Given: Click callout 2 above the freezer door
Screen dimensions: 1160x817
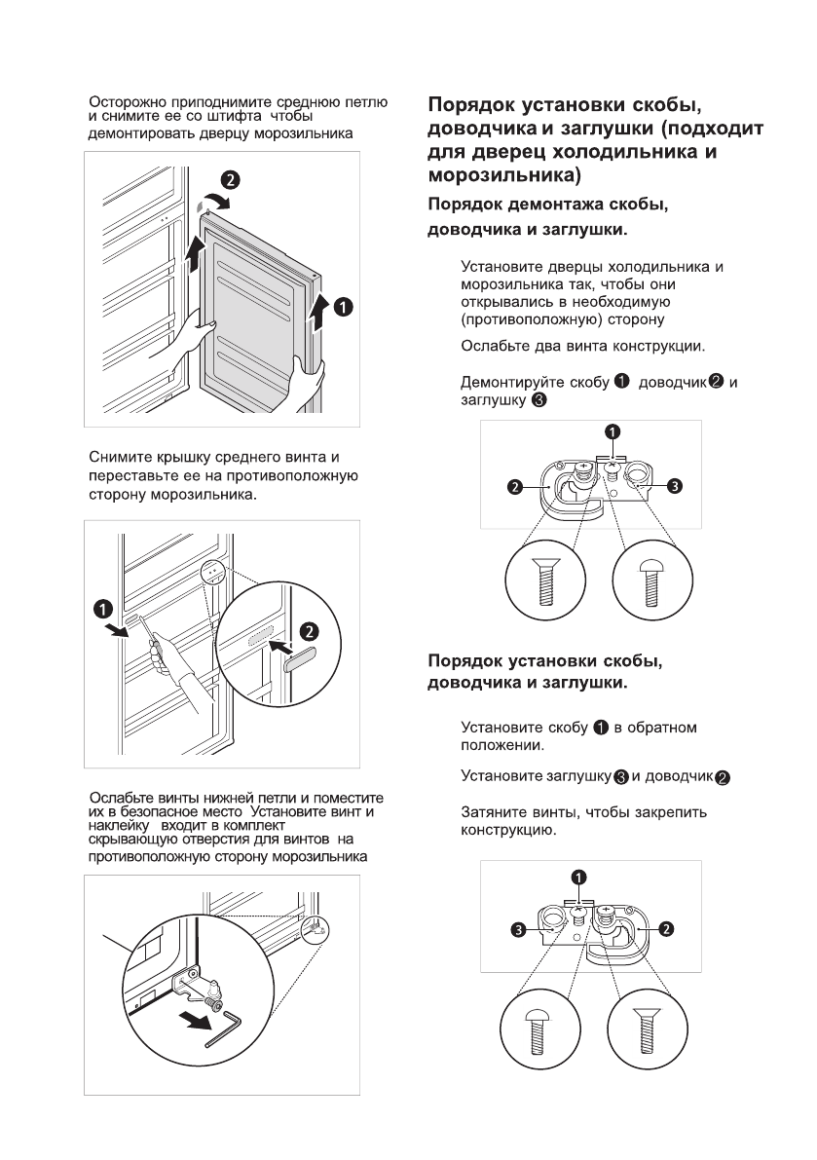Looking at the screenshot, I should pyautogui.click(x=230, y=180).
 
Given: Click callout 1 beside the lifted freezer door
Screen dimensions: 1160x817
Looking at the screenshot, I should pyautogui.click(x=343, y=307).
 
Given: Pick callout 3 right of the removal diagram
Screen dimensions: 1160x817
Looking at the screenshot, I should pyautogui.click(x=673, y=485).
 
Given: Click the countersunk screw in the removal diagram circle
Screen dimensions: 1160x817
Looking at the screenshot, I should pyautogui.click(x=545, y=585).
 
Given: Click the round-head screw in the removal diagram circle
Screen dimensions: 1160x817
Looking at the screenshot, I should pyautogui.click(x=649, y=583).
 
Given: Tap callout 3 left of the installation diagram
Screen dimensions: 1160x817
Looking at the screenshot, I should pyautogui.click(x=521, y=930).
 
